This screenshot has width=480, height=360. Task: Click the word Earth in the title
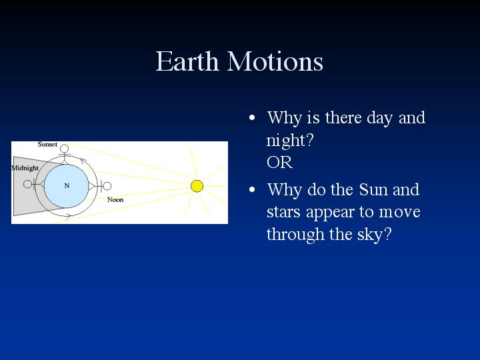[x=187, y=61]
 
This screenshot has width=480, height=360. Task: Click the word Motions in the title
[x=275, y=61]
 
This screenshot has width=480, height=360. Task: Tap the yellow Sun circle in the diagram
[x=197, y=186]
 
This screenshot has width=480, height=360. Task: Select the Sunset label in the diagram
[x=47, y=144]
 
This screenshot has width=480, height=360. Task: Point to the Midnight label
[x=25, y=168]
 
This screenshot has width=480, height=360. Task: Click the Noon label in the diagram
[x=115, y=199]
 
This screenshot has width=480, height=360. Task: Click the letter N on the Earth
[x=67, y=185]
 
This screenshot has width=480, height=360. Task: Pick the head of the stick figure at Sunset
[x=64, y=149]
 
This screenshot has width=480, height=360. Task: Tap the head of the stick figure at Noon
[x=107, y=186]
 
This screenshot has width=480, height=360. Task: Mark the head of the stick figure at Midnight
[x=27, y=184]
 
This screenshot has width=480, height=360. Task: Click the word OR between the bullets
[x=279, y=162]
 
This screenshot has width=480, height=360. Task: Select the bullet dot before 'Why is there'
[x=252, y=117]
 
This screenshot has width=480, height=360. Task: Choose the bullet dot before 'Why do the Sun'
[x=252, y=189]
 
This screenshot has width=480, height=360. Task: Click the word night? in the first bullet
[x=290, y=141]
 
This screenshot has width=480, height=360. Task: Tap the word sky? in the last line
[x=375, y=235]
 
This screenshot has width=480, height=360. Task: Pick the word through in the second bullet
[x=295, y=235]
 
